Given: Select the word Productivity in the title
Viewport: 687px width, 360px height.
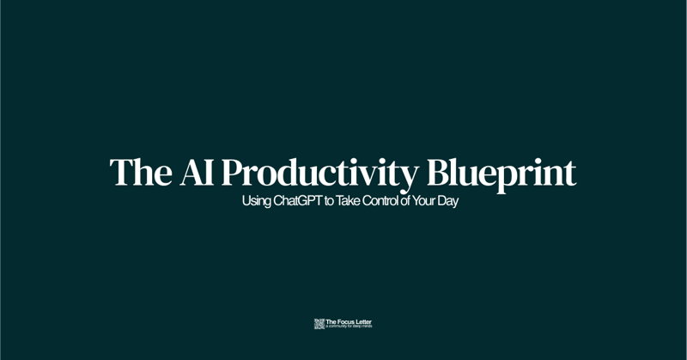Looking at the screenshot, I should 319,173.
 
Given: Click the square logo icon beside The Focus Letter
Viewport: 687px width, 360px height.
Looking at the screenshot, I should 319,324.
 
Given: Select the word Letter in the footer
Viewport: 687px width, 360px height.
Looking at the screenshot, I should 363,322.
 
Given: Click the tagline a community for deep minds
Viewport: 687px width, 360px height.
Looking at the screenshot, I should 349,327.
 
